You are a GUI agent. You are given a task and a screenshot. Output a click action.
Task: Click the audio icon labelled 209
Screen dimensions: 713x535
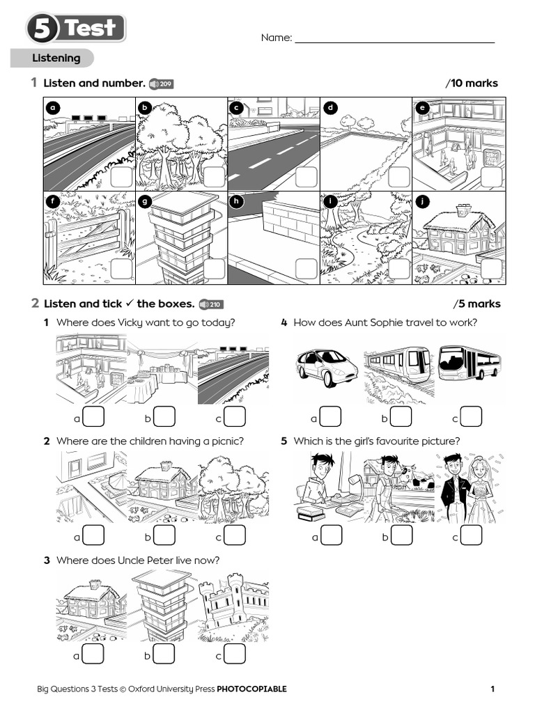pos(161,84)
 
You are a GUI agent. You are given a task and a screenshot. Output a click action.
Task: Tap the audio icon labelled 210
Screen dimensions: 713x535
pos(210,304)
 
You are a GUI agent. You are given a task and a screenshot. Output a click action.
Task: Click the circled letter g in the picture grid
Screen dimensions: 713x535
pos(146,201)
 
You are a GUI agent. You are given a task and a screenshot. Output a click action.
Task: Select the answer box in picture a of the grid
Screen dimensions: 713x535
pos(121,177)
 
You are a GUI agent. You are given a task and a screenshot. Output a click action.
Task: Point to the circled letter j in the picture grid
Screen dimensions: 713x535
pos(422,201)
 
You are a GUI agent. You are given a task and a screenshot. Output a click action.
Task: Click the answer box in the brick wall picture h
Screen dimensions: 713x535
pos(306,268)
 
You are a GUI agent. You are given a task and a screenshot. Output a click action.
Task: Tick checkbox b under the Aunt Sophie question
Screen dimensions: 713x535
pos(401,417)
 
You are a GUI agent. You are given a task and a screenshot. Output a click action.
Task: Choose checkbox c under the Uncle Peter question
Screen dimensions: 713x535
pos(235,655)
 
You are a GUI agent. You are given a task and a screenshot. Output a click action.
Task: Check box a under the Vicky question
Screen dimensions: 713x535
pos(93,417)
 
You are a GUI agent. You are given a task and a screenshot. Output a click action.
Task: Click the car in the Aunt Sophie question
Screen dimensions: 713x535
pos(327,367)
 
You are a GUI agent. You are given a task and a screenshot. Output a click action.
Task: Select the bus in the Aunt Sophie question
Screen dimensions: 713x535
pos(469,364)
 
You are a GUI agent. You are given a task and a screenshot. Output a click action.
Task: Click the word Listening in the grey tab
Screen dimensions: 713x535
pos(56,58)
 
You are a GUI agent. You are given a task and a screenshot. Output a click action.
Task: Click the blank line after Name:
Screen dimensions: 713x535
pos(394,38)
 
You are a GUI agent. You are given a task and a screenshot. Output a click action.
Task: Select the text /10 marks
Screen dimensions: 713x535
pos(472,84)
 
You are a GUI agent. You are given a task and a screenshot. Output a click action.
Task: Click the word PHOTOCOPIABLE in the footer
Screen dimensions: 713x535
pos(251,689)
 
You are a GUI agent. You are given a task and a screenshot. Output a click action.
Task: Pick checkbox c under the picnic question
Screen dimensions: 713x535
pos(235,535)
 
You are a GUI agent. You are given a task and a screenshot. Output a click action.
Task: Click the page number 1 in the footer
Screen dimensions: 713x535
pos(493,689)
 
